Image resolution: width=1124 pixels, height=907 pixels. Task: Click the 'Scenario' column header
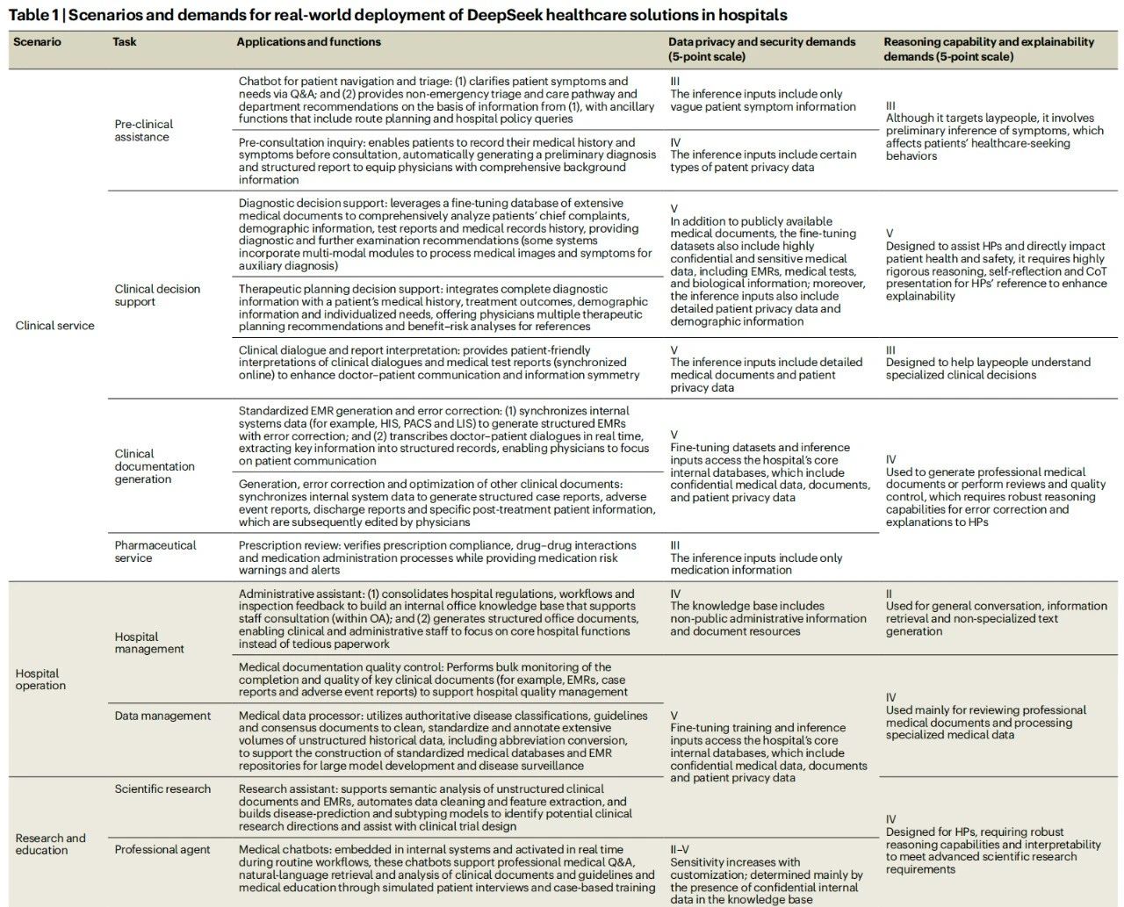38,41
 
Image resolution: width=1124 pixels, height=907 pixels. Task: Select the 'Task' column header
125,41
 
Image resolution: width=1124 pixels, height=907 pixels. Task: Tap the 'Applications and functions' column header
308,41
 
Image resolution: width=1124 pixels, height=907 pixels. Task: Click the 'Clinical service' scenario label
55,326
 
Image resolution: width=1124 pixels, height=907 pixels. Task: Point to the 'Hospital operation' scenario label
40,680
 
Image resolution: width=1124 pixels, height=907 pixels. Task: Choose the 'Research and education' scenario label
51,844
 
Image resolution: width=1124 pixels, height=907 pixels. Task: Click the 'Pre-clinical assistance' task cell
143,130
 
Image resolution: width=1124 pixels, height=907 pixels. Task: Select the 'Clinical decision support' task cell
157,295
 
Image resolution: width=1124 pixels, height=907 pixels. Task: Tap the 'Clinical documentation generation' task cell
155,466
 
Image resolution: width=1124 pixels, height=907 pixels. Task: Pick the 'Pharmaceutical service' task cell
155,551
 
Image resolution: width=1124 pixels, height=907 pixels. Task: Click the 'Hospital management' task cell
149,643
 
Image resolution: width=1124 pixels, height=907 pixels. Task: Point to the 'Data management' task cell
162,716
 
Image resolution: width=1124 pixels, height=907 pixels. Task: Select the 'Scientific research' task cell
162,789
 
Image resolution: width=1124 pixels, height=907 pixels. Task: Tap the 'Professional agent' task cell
162,849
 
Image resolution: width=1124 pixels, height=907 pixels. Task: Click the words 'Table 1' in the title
32,15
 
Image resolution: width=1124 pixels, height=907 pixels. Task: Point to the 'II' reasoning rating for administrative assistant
890,594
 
